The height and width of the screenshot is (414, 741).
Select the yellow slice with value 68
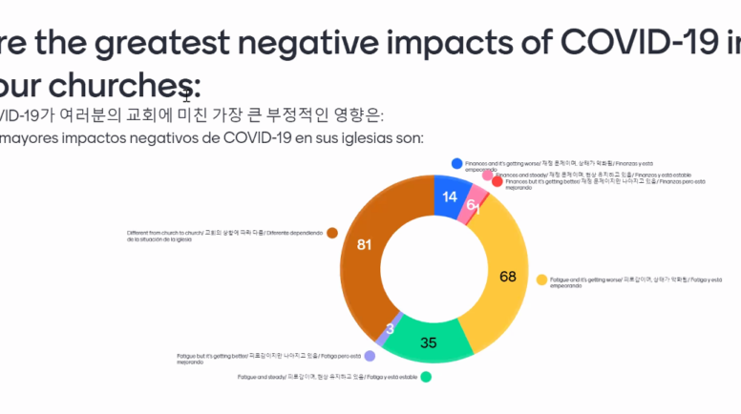(x=507, y=277)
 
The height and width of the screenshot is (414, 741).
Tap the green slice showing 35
(x=429, y=342)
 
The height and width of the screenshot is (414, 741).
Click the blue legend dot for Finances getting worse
(x=457, y=164)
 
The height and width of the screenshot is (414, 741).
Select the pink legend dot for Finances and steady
(x=488, y=175)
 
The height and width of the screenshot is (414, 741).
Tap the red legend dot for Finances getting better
(x=498, y=181)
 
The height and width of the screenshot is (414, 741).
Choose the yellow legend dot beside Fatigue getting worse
(x=541, y=279)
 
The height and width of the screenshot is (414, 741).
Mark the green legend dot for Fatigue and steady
(x=426, y=377)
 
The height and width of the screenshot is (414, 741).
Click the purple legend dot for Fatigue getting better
(x=370, y=356)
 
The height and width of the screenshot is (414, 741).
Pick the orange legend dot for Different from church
(x=332, y=233)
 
